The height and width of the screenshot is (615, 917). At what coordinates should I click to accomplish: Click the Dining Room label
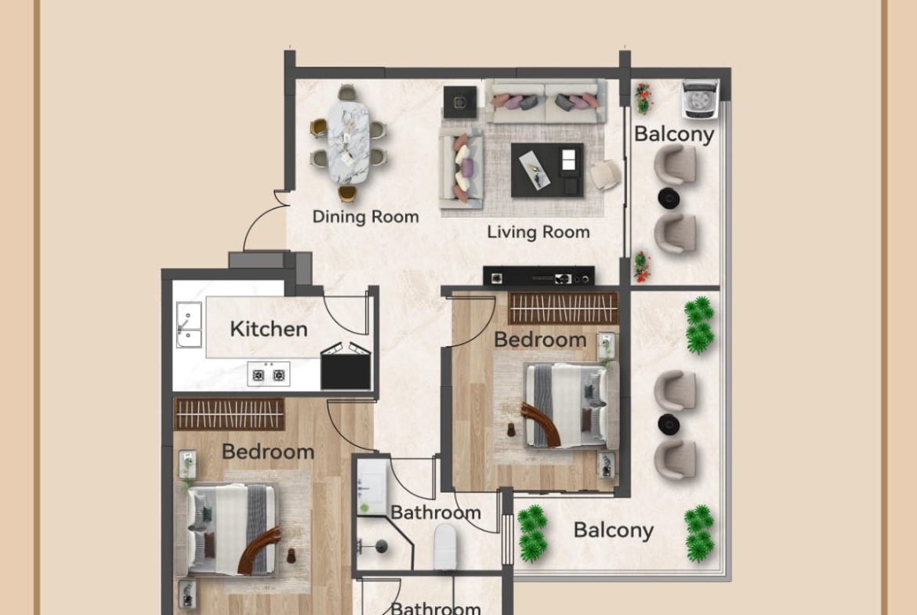pos(365,217)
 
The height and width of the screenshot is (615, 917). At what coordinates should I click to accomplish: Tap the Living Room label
pos(538,232)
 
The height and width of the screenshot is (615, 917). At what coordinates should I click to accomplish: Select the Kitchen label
pos(268,329)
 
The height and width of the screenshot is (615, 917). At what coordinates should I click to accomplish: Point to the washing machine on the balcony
pos(699,99)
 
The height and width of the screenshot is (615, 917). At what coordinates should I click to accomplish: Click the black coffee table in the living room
pos(547,170)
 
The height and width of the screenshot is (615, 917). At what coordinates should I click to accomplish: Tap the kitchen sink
pos(189,325)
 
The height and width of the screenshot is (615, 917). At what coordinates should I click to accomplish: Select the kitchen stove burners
pos(268,374)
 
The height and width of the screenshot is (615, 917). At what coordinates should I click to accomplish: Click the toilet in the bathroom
pos(445,547)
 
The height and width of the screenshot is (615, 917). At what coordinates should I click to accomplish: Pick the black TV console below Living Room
pos(538,277)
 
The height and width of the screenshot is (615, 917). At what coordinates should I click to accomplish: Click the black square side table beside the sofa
pos(459,103)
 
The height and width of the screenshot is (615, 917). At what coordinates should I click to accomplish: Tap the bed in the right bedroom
pos(571,405)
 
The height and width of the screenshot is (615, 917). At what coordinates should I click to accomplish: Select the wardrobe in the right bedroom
pos(564,308)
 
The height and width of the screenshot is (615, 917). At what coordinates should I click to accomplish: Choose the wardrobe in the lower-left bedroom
pos(229,414)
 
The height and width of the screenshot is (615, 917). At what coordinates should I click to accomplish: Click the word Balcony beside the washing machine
pos(674,135)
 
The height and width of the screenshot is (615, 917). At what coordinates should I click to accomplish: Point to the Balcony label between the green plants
pos(614,530)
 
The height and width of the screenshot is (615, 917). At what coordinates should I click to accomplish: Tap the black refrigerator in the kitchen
pos(346,367)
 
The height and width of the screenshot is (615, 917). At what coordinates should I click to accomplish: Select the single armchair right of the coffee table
pos(605,174)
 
